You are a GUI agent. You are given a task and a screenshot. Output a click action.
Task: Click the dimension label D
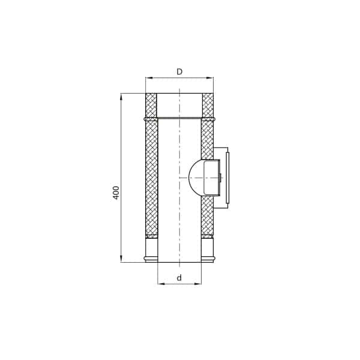click(179, 71)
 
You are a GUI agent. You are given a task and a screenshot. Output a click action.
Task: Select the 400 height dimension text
click(116, 193)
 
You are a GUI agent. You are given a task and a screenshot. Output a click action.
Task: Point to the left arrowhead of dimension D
click(149, 78)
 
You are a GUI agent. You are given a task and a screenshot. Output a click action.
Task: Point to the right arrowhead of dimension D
click(210, 78)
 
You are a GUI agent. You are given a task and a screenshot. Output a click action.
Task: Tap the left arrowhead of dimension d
click(161, 284)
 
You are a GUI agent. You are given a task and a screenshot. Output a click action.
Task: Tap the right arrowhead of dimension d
click(198, 284)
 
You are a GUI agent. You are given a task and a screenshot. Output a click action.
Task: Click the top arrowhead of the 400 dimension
click(121, 97)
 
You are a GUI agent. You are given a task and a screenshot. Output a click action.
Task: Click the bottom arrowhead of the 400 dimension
click(121, 259)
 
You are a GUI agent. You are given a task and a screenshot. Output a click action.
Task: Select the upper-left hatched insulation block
click(151, 106)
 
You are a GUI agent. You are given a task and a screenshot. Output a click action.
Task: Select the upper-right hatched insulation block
click(208, 106)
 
